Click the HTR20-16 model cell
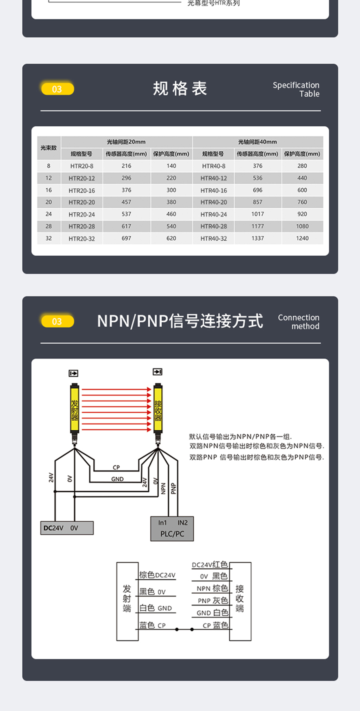click(81, 190)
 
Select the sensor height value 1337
click(257, 238)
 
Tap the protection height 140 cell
click(171, 166)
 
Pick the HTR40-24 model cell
click(213, 214)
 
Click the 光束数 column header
click(48, 148)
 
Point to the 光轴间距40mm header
click(257, 142)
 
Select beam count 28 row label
click(48, 226)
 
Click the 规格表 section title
click(179, 89)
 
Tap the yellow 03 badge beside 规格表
click(57, 89)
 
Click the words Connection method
click(298, 321)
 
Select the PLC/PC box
click(172, 529)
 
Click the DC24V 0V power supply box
click(66, 528)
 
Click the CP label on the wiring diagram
click(116, 468)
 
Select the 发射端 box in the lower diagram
click(127, 601)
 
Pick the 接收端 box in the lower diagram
click(240, 601)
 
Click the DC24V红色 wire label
click(209, 565)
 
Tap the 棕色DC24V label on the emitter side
click(157, 575)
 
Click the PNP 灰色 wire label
click(212, 600)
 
